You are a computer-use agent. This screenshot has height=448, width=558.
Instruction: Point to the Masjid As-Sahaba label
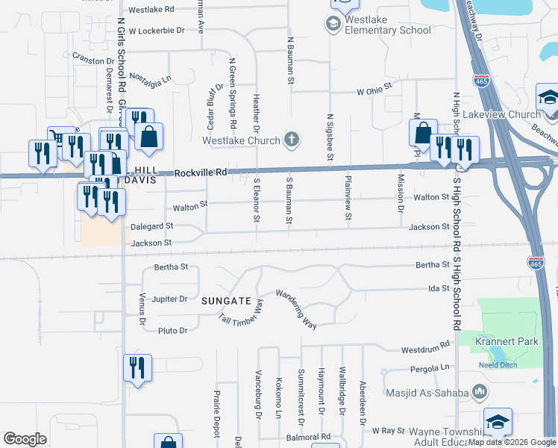[426, 393]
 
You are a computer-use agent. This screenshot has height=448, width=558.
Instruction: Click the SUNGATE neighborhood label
[226, 301]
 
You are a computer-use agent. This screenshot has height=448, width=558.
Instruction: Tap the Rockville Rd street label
[201, 172]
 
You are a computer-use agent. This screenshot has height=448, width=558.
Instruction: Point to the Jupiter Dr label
[170, 299]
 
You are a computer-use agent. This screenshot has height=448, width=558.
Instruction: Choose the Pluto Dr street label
[172, 330]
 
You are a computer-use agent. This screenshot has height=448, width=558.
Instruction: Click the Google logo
[25, 439]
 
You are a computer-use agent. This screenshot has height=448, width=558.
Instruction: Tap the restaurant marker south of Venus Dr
[137, 367]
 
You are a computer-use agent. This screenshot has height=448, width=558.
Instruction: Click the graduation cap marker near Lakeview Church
[548, 99]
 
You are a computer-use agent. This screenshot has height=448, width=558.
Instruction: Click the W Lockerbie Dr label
[156, 31]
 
